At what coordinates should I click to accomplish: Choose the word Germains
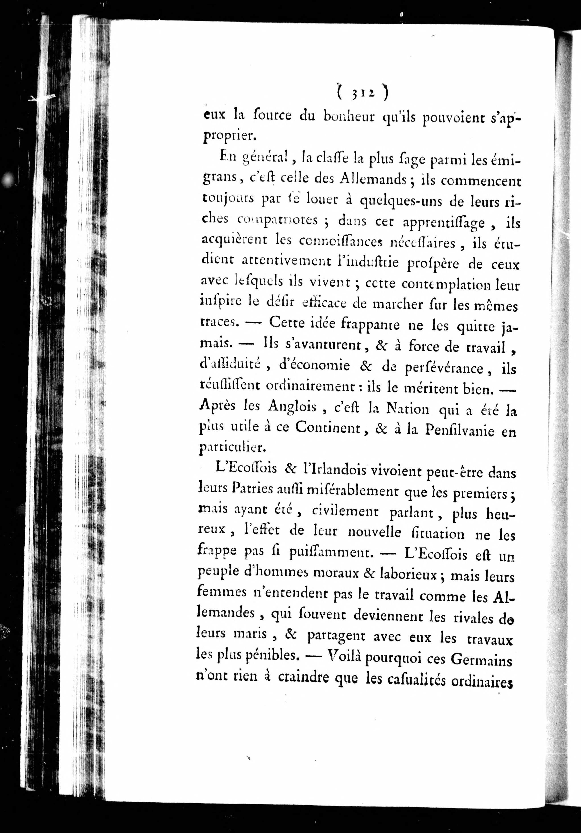[x=481, y=660]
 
